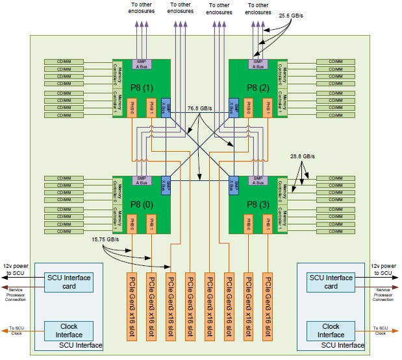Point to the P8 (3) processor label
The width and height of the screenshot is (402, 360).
[x=258, y=205]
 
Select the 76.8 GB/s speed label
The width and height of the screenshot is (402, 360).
[x=200, y=108]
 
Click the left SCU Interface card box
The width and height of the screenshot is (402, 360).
[x=68, y=282]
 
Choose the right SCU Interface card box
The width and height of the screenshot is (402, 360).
[x=331, y=282]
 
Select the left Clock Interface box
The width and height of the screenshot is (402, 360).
[x=68, y=330]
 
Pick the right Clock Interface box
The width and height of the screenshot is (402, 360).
[x=331, y=330]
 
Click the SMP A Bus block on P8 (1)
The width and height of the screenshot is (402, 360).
[x=142, y=64]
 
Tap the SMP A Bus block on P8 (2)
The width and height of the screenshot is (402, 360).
[x=258, y=64]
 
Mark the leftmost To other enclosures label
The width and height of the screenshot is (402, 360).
[x=142, y=8]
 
